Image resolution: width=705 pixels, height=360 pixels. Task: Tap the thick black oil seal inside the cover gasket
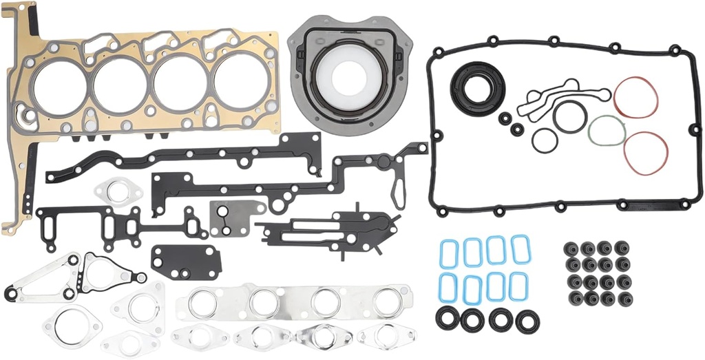[478, 85]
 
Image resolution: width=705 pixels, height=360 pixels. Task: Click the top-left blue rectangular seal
[449, 253]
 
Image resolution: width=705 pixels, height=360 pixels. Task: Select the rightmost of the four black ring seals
[527, 320]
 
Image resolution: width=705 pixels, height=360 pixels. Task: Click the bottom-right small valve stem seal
[623, 299]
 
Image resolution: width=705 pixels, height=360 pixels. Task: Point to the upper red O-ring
[635, 97]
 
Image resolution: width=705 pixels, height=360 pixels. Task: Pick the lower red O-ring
[645, 152]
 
